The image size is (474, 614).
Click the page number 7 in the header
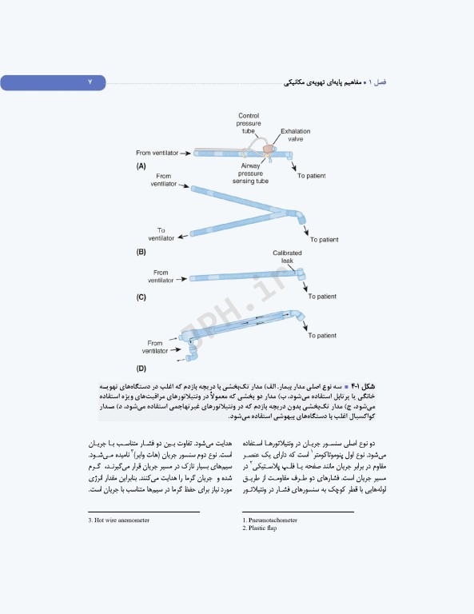[x=90, y=82]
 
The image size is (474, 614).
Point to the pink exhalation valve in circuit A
[x=267, y=149]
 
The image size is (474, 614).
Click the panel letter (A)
[x=141, y=166]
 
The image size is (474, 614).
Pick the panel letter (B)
[x=141, y=252]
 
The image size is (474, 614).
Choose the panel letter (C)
[x=141, y=297]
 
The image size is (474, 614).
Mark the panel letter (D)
[x=141, y=369]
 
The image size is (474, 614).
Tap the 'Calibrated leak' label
[x=287, y=256]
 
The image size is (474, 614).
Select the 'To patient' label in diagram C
[x=321, y=297]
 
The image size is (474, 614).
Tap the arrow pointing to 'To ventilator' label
[x=185, y=233]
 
